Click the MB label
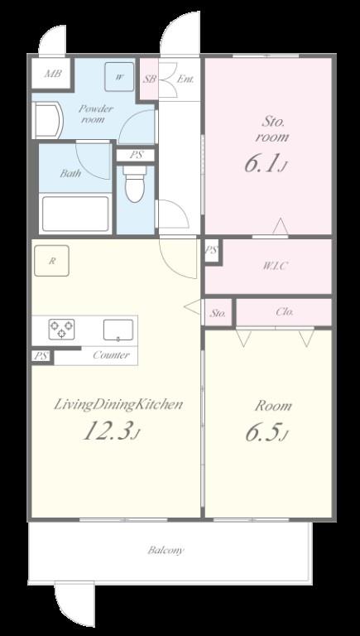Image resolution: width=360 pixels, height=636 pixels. (x=53, y=74)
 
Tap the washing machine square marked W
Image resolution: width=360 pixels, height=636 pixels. (x=119, y=77)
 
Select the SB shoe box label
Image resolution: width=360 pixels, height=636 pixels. (x=149, y=79)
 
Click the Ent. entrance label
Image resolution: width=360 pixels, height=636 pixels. (x=185, y=79)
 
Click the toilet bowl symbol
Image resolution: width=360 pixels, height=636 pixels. (x=136, y=183)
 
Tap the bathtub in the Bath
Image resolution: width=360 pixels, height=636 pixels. (x=76, y=214)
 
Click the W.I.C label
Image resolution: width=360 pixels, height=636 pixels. (x=276, y=266)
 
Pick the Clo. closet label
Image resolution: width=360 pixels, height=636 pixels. (x=285, y=312)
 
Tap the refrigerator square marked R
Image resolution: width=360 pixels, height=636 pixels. (x=51, y=261)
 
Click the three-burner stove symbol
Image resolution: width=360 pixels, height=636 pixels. (x=61, y=329)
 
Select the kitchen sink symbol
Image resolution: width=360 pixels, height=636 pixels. (x=118, y=330)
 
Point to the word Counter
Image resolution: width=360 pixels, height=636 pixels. (x=111, y=355)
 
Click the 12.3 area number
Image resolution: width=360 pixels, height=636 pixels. (x=108, y=431)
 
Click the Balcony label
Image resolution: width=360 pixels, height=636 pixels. (x=166, y=551)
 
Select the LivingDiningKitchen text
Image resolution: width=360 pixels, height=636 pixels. (x=118, y=405)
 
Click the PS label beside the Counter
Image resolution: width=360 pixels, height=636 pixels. (x=41, y=357)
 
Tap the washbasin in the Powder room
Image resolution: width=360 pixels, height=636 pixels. (x=47, y=120)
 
